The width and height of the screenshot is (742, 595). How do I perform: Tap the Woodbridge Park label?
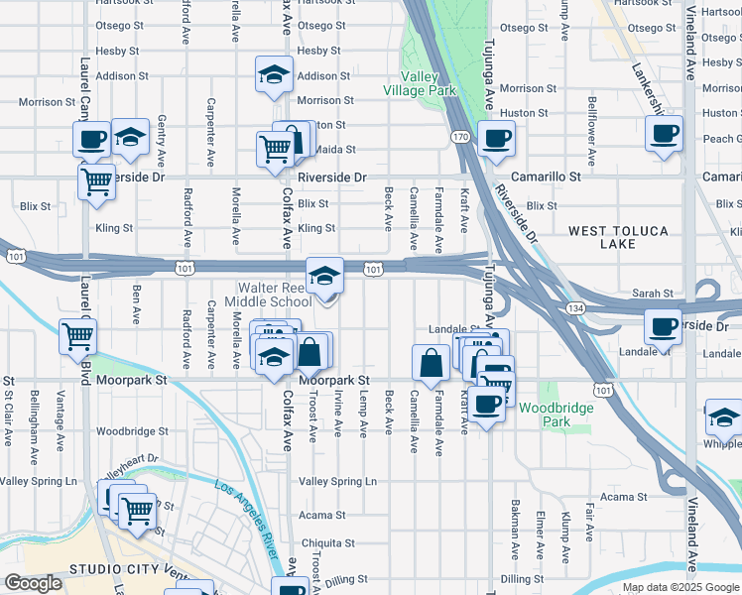point(556,415)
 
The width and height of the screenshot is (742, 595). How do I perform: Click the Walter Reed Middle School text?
point(268,295)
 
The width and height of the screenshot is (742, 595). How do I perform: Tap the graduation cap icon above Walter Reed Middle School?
point(324,277)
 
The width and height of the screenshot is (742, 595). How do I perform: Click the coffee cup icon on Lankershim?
point(664,134)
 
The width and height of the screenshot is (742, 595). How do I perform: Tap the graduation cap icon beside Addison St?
point(274,75)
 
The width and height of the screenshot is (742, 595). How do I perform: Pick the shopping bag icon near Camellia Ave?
point(433,363)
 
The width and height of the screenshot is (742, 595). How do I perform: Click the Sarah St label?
point(653,295)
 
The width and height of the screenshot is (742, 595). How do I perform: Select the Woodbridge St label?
point(132,431)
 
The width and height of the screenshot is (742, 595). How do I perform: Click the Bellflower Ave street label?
point(591,131)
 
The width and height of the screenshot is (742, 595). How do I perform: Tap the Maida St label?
point(335,150)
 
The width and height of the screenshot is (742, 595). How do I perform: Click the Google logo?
point(33,583)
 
